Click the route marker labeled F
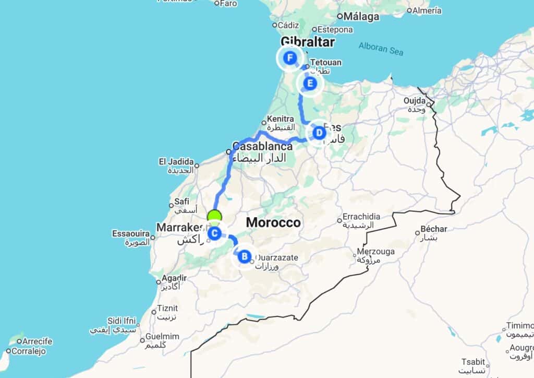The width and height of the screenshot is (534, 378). [290, 57]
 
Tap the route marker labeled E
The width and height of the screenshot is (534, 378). [310, 83]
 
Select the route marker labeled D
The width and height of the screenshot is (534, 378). [319, 133]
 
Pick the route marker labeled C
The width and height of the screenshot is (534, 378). [214, 233]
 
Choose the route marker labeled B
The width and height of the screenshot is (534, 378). [244, 256]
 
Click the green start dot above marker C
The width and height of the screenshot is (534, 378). [214, 216]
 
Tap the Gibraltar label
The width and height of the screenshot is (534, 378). [307, 42]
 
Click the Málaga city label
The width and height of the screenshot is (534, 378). [372, 16]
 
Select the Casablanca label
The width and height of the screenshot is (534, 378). [262, 147]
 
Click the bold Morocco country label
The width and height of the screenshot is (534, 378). [273, 222]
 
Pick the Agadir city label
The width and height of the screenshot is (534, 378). [174, 278]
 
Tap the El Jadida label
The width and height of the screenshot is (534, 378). [176, 162]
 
